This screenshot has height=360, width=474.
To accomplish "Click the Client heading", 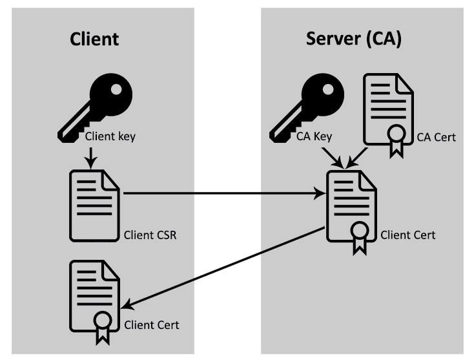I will pyautogui.click(x=94, y=39).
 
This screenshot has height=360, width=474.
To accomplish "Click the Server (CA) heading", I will pyautogui.click(x=353, y=39).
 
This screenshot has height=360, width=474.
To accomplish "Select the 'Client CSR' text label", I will pyautogui.click(x=150, y=235).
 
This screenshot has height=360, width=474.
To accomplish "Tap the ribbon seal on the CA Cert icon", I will pyautogui.click(x=395, y=139).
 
